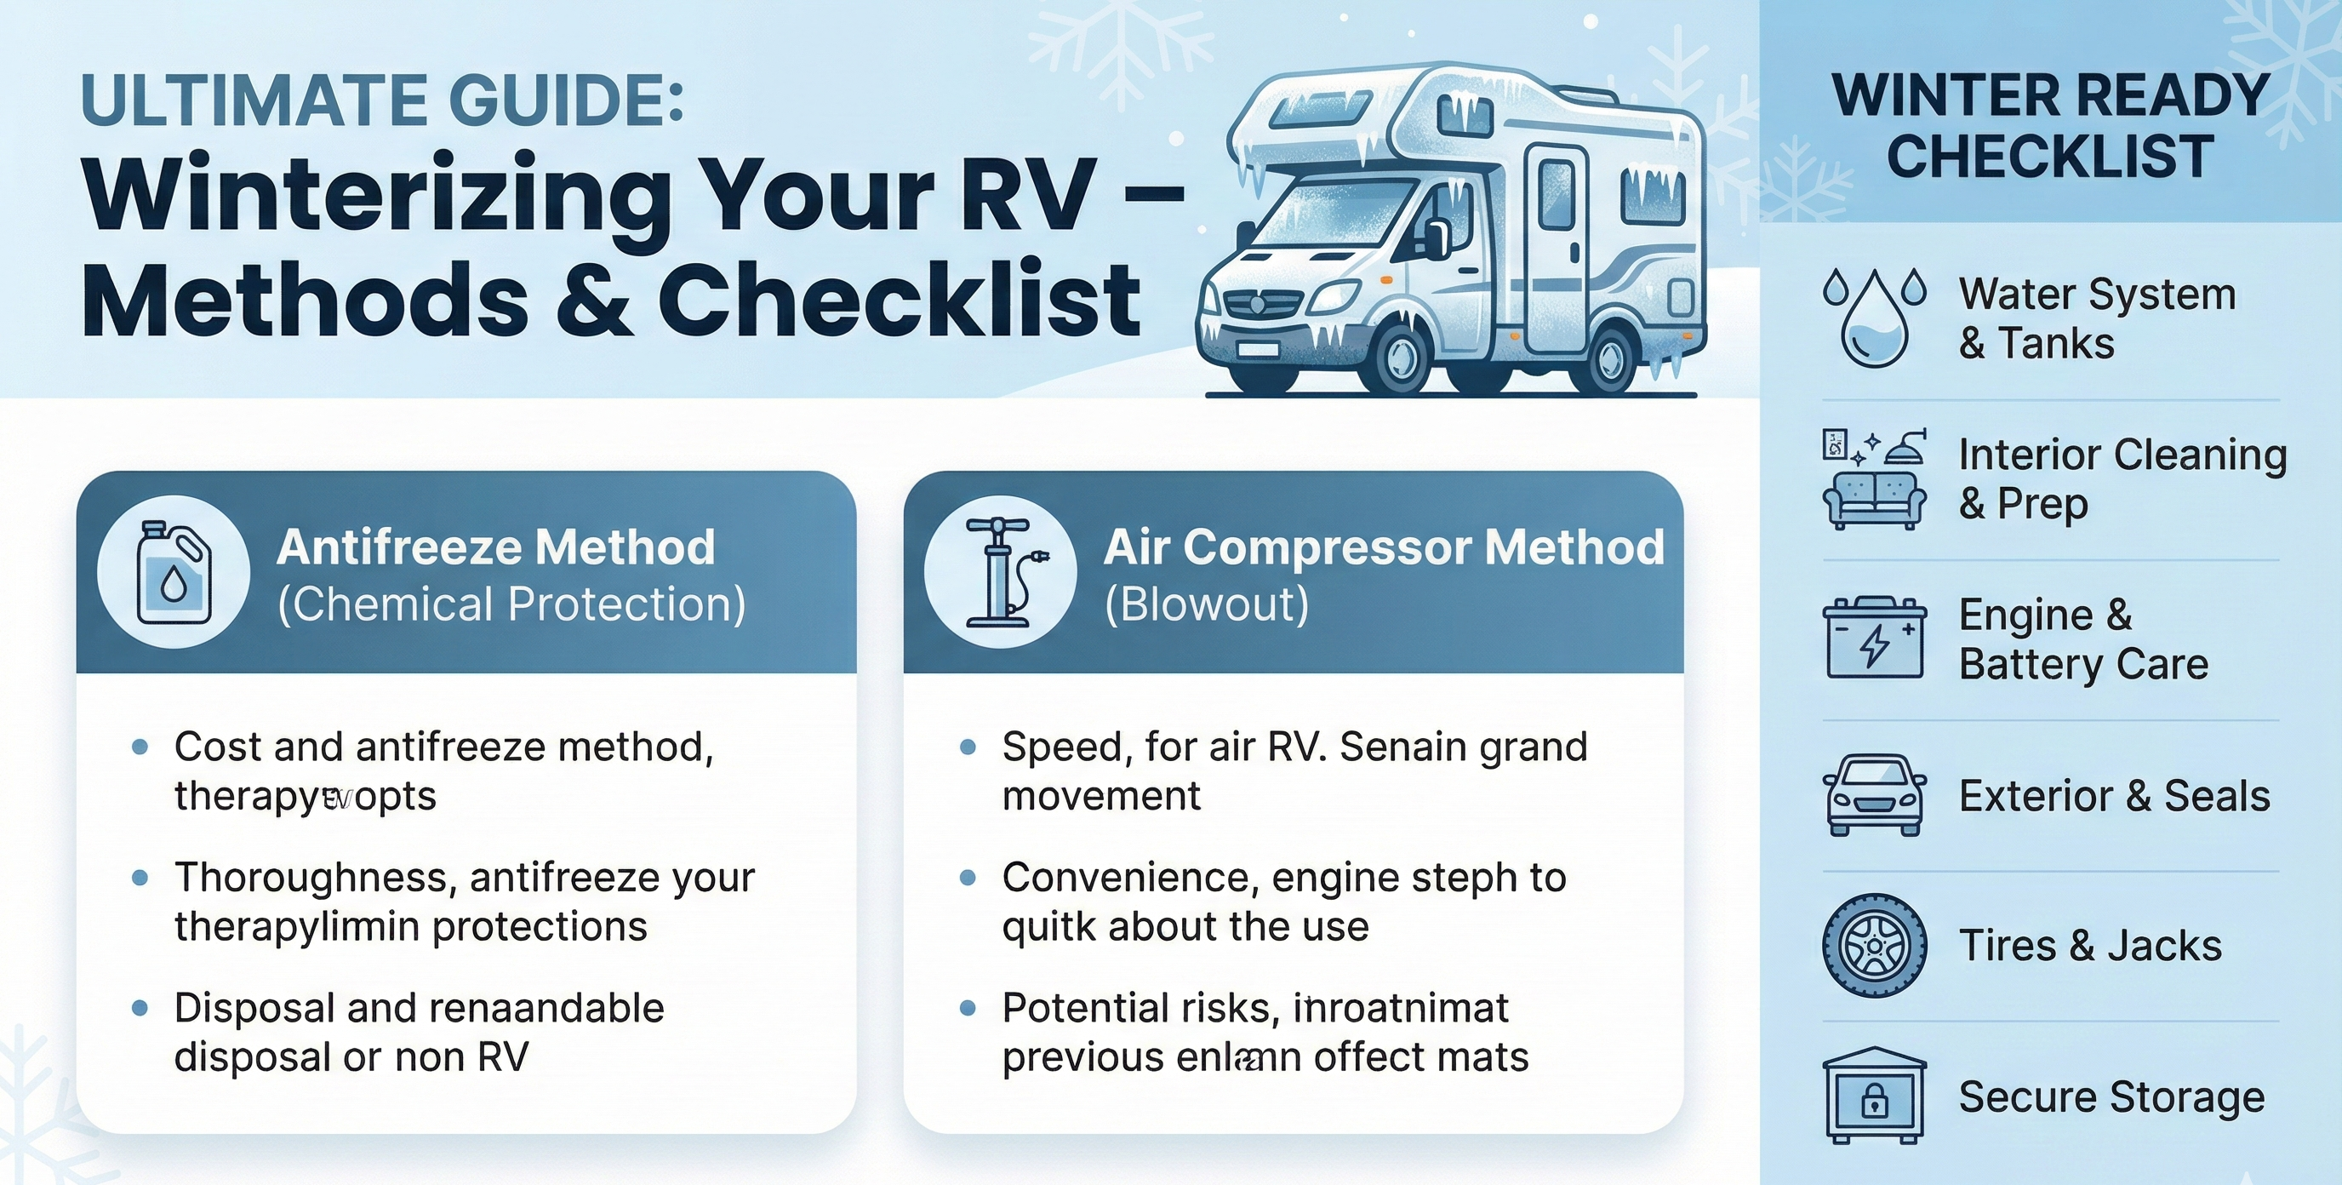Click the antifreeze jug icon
point(173,572)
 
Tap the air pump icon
point(1000,572)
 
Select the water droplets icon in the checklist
point(1874,317)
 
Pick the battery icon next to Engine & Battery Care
point(1874,638)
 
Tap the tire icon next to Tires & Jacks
point(1874,945)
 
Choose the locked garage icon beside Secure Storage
point(1874,1095)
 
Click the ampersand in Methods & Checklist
point(594,301)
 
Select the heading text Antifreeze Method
point(495,547)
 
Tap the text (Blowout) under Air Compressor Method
point(1207,604)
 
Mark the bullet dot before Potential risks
point(968,1008)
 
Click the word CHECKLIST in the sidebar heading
point(2050,157)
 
